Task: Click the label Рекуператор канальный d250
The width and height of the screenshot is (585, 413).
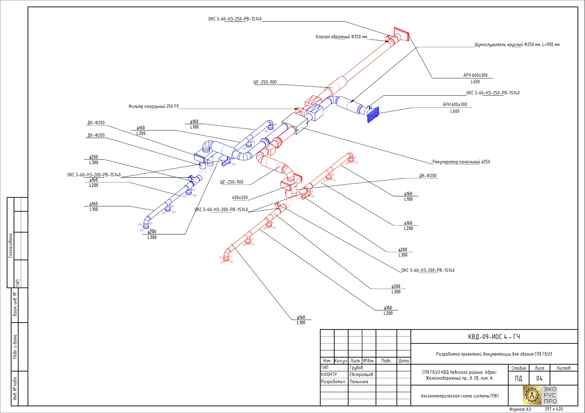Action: (x=461, y=162)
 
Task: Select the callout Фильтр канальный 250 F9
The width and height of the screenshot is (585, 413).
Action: (x=153, y=106)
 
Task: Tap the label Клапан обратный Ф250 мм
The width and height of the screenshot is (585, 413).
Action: (x=341, y=37)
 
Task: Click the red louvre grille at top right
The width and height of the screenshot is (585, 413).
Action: (x=401, y=34)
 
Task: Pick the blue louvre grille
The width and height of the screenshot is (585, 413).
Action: (x=373, y=115)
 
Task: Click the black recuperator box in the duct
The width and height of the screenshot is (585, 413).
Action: (x=295, y=123)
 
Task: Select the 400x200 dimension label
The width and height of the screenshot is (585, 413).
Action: (x=240, y=198)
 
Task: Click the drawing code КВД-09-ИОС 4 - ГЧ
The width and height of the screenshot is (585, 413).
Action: (x=494, y=337)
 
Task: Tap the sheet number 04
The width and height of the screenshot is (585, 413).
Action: (x=539, y=378)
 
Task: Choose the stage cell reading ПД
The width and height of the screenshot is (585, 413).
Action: (x=518, y=378)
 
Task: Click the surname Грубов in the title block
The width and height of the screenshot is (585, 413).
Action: (x=356, y=367)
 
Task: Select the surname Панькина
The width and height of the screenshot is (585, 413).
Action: (x=359, y=382)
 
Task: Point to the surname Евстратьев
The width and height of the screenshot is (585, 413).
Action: (x=361, y=375)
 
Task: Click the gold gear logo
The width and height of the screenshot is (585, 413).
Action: (x=532, y=395)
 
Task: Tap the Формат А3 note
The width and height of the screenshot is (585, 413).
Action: (x=520, y=409)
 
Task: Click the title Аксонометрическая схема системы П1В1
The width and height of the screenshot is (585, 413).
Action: (x=460, y=396)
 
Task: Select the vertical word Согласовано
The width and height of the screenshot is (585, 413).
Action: (x=10, y=245)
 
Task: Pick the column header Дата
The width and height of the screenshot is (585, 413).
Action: (x=404, y=361)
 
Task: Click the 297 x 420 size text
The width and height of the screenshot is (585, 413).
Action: (x=554, y=409)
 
